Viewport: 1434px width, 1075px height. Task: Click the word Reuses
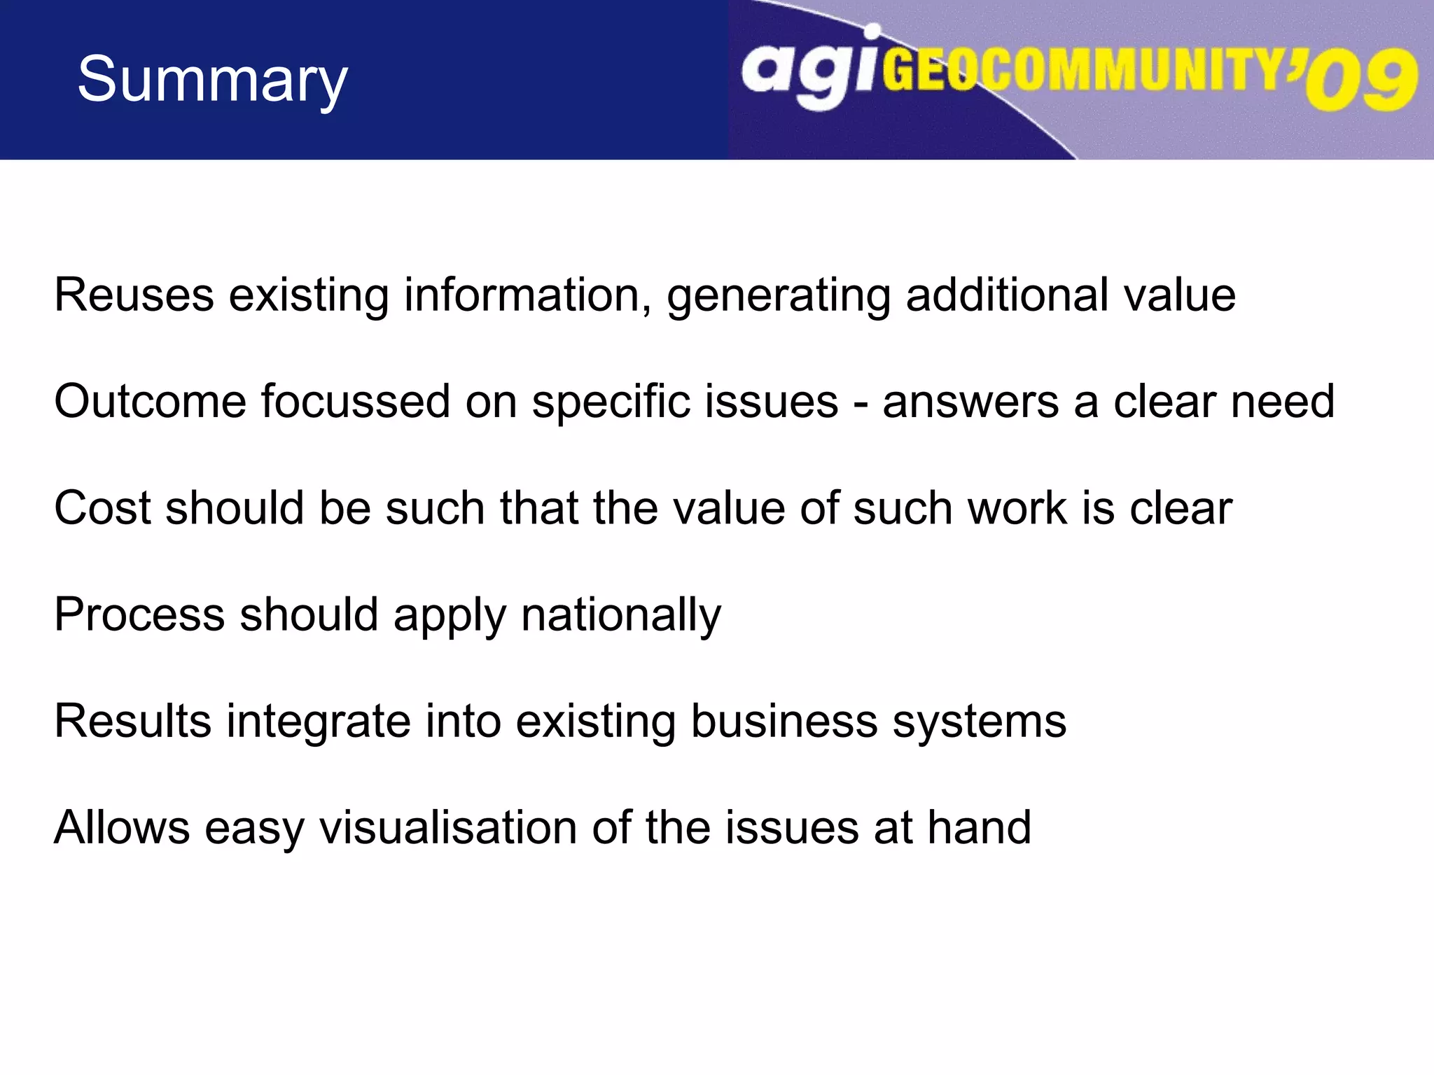(x=134, y=295)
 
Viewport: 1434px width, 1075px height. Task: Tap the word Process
(x=139, y=614)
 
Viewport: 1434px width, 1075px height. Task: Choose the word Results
(x=132, y=721)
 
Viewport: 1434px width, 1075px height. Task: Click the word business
(x=784, y=721)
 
